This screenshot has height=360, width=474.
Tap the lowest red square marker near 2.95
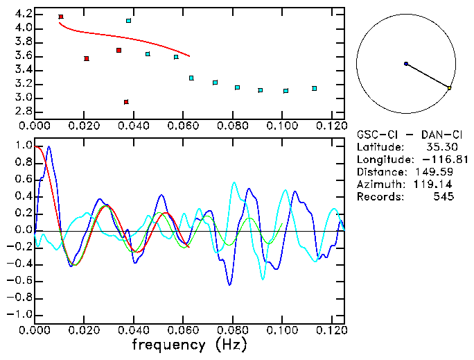point(126,102)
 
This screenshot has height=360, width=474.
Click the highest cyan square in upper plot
point(129,21)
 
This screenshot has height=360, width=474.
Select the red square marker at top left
point(61,17)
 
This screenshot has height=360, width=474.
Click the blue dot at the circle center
point(406,64)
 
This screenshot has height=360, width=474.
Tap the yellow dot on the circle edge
point(450,88)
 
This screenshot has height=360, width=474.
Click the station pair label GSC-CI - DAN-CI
point(405,135)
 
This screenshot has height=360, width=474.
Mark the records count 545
point(444,197)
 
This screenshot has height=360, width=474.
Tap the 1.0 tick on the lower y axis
point(23,146)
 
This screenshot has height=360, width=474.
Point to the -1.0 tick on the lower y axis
point(21,314)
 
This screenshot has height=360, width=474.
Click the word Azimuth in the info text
point(378,185)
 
